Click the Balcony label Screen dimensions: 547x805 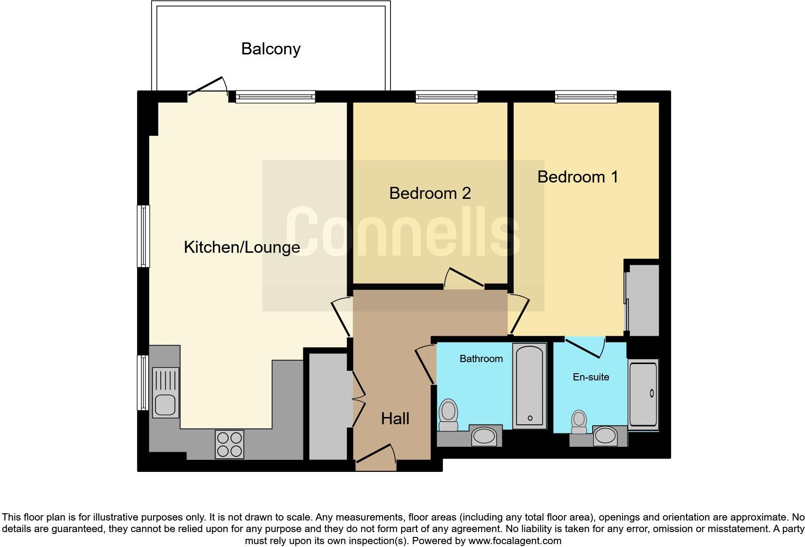(x=271, y=49)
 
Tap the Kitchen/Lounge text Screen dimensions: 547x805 (x=242, y=247)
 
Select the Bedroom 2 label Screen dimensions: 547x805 (x=429, y=194)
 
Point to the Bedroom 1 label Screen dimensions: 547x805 (x=577, y=177)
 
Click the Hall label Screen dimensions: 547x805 (x=395, y=418)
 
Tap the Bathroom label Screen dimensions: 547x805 (x=481, y=359)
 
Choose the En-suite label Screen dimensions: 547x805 (x=591, y=377)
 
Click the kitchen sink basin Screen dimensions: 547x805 (x=165, y=404)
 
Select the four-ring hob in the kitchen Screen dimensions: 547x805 (x=230, y=444)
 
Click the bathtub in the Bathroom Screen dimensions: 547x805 (x=530, y=385)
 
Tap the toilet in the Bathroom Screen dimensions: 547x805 (x=448, y=415)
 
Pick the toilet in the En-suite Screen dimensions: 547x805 (x=578, y=422)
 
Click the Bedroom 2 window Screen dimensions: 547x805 (x=447, y=97)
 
